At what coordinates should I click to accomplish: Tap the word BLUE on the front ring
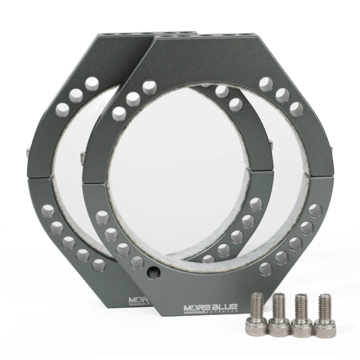(222, 309)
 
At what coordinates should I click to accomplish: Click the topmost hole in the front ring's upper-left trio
(149, 87)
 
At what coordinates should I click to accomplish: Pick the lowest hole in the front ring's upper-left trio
(119, 113)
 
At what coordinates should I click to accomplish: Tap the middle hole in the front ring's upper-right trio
(282, 95)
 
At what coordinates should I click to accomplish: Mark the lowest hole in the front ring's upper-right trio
(297, 109)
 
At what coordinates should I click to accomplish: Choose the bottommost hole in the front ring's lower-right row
(265, 268)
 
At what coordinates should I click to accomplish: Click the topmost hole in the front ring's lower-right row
(315, 210)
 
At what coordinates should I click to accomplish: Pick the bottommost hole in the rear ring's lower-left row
(99, 265)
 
